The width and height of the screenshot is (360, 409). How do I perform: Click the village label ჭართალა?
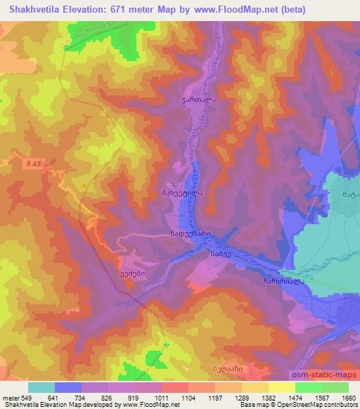(x=195, y=100)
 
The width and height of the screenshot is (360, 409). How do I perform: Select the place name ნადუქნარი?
(x=190, y=235)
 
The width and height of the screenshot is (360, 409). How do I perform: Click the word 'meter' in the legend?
(x=8, y=397)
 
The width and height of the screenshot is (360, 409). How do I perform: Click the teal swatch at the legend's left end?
(x=41, y=387)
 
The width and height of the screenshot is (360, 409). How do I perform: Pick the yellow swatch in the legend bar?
(x=281, y=387)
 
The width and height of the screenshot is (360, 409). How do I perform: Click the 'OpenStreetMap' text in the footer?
(x=332, y=405)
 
